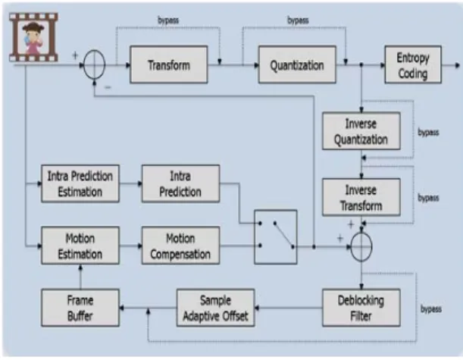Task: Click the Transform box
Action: pyautogui.click(x=169, y=64)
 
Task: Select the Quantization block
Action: pyautogui.click(x=297, y=64)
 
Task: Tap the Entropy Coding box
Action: pyautogui.click(x=413, y=64)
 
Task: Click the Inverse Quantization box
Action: pyautogui.click(x=361, y=131)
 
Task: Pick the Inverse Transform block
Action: pyautogui.click(x=361, y=197)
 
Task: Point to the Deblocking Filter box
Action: pyautogui.click(x=361, y=308)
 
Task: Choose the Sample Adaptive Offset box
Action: pyautogui.click(x=215, y=308)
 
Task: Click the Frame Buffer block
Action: pyautogui.click(x=80, y=308)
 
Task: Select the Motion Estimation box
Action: pyautogui.click(x=80, y=246)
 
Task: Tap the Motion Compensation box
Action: pyautogui.click(x=180, y=246)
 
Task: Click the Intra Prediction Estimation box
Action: pyautogui.click(x=80, y=183)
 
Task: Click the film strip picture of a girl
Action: pyautogui.click(x=33, y=37)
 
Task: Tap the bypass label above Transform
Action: pyautogui.click(x=168, y=20)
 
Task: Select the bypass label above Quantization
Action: pyautogui.click(x=298, y=20)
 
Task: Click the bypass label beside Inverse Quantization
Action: pyautogui.click(x=428, y=132)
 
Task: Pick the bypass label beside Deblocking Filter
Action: pyautogui.click(x=431, y=309)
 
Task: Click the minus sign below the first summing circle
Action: pyautogui.click(x=108, y=87)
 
